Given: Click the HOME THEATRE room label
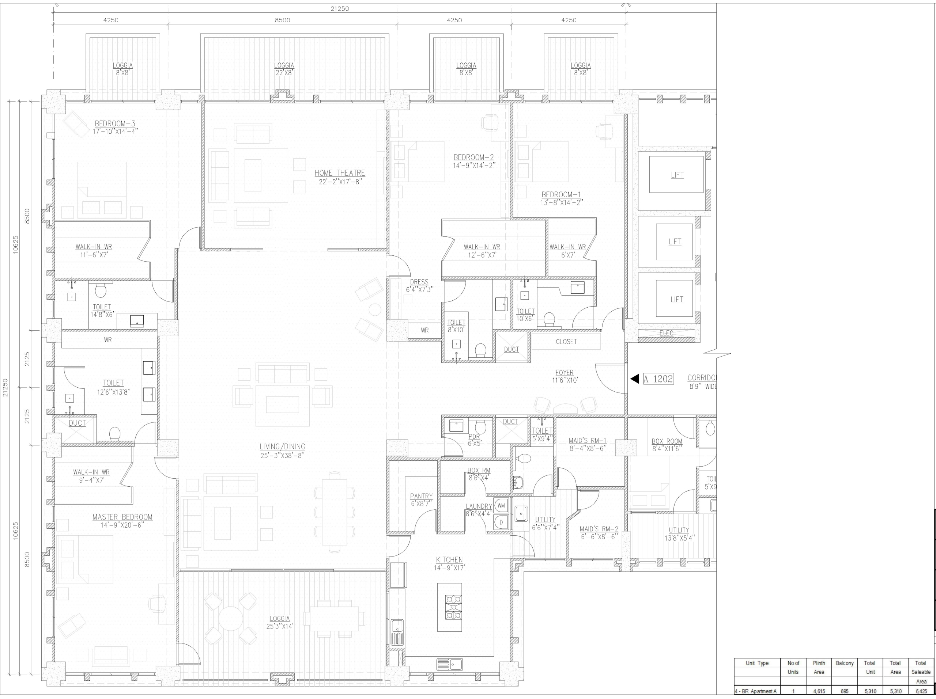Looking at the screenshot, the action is tap(339, 173).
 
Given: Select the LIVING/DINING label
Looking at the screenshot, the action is tap(282, 447).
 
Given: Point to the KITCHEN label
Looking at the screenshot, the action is tap(449, 560).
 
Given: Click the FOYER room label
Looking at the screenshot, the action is tap(565, 373).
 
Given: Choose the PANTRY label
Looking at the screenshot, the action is tap(422, 497).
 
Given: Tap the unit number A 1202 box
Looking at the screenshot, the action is tap(658, 379).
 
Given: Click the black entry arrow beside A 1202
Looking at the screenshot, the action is tap(635, 379).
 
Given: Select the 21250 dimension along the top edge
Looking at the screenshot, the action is tap(340, 8).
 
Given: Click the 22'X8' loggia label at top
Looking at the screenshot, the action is tap(284, 73).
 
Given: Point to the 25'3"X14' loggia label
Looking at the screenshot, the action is tap(280, 626).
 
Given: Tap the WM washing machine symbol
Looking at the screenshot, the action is tap(501, 505).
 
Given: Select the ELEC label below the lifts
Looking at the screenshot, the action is tap(667, 333).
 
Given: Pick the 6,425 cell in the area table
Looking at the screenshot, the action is tap(921, 691).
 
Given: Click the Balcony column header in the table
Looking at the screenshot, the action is tap(845, 663).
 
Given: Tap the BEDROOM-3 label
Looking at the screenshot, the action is tap(115, 124).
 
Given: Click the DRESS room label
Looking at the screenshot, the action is tap(419, 282).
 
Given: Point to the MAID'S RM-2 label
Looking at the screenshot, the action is tap(599, 529).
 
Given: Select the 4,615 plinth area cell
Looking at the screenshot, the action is tap(819, 691).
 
